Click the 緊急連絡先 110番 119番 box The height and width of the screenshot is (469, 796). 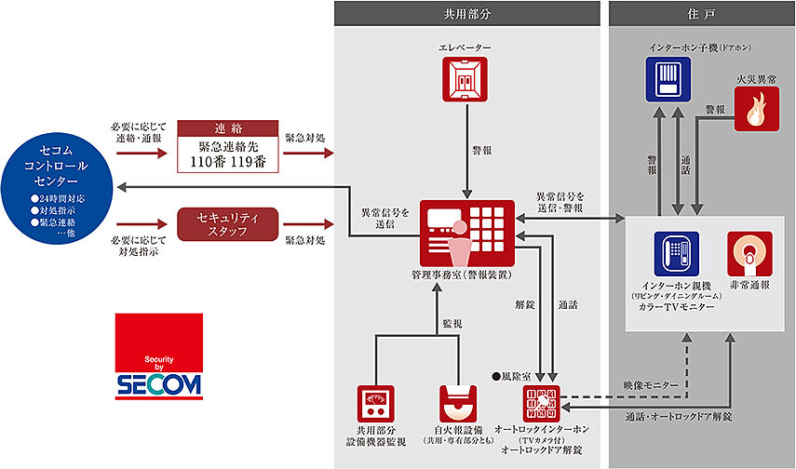pyautogui.click(x=228, y=147)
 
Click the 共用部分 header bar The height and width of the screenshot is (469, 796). pyautogui.click(x=465, y=13)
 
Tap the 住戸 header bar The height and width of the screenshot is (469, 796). pyautogui.click(x=702, y=13)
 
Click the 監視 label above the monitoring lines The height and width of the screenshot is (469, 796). pyautogui.click(x=452, y=323)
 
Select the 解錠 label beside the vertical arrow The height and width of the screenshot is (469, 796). pyautogui.click(x=525, y=304)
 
